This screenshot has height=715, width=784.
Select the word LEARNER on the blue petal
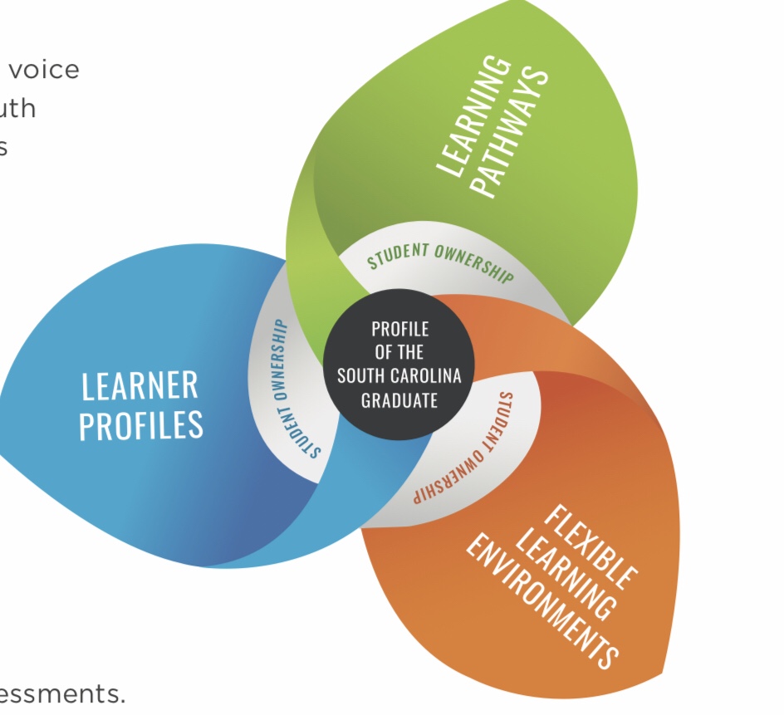[140, 386]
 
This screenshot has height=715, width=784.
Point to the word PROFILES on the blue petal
[140, 424]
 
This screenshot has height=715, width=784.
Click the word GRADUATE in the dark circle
[399, 400]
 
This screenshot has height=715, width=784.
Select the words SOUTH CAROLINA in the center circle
[399, 375]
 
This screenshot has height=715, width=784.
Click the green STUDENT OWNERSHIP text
[440, 259]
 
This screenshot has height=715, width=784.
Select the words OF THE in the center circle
[399, 351]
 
